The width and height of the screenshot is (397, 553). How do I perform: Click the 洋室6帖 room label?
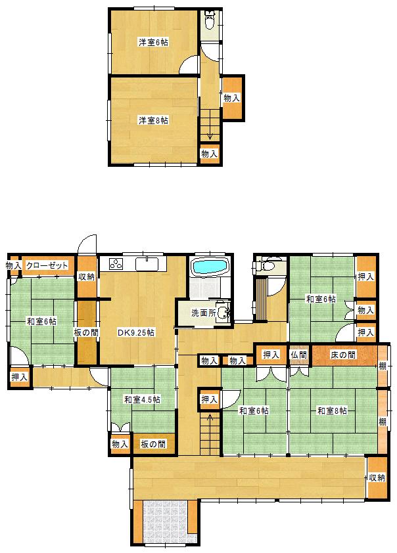click(x=152, y=43)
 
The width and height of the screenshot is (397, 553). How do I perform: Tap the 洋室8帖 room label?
click(x=152, y=121)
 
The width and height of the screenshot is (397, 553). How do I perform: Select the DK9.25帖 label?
click(x=136, y=332)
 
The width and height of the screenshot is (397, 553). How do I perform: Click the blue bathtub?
click(x=210, y=267)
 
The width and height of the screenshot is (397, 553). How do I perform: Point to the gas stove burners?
click(x=116, y=264)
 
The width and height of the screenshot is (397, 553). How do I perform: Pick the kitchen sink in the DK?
click(x=147, y=264)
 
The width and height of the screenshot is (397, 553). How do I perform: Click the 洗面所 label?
click(x=204, y=313)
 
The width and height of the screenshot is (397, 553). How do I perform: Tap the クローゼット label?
click(x=47, y=265)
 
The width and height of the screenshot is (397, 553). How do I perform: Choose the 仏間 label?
click(x=298, y=355)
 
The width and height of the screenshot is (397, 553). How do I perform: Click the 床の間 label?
click(x=343, y=355)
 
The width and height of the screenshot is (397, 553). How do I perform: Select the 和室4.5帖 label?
click(x=142, y=399)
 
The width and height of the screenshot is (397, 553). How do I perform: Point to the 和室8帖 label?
click(x=332, y=411)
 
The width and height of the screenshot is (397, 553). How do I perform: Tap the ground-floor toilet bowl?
click(x=270, y=265)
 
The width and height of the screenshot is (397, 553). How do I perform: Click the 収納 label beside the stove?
click(x=87, y=277)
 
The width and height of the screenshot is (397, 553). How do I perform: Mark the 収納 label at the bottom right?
click(x=377, y=478)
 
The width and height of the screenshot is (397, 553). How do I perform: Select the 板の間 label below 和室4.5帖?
click(x=153, y=444)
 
